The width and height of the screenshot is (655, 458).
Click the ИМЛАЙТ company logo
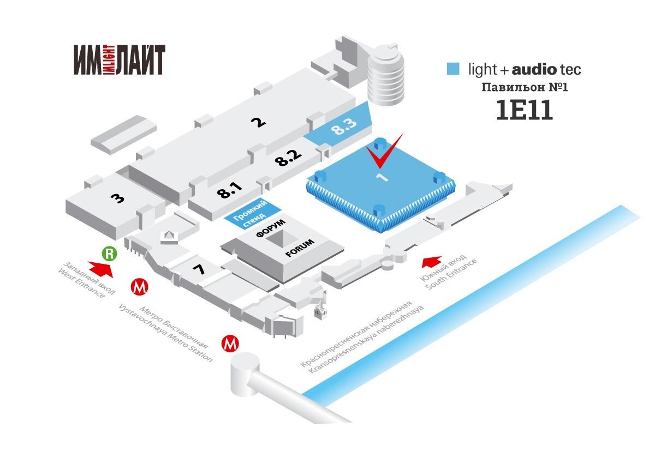[120, 59]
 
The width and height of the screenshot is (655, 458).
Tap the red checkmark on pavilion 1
[384, 154]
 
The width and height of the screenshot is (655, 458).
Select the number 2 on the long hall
[258, 121]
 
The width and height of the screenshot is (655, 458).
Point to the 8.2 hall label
[288, 159]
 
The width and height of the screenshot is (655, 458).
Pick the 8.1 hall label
[229, 190]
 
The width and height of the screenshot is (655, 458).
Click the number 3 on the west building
[117, 197]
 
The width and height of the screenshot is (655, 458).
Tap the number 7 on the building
[199, 268]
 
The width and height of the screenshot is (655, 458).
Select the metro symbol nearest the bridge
[230, 343]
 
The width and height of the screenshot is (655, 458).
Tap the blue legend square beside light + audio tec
[452, 69]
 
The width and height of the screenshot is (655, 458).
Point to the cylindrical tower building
[386, 75]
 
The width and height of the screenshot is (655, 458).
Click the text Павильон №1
[525, 87]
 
